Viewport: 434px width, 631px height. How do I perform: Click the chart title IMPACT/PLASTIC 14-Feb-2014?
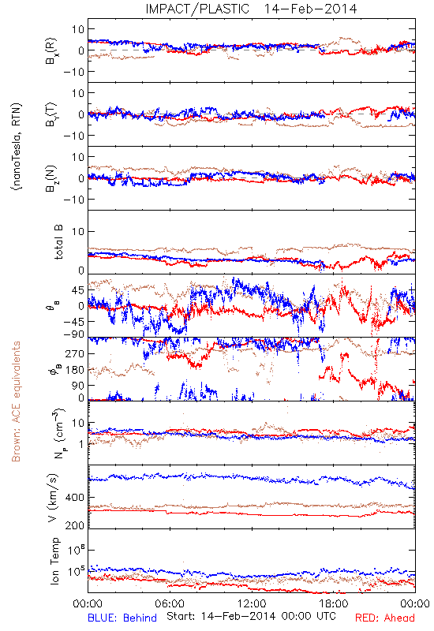coord(251,9)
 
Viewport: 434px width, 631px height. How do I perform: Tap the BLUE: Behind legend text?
coord(122,618)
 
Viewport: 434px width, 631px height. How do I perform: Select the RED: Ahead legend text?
coord(384,618)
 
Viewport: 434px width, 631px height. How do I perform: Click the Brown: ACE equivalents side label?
coord(16,401)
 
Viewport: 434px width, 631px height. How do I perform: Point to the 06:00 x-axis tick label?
coord(170,603)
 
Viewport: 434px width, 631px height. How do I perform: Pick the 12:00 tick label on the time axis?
coord(252,603)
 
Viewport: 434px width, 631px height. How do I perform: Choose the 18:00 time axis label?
coord(334,603)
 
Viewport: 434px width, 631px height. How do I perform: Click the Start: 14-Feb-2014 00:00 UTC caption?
coord(251,616)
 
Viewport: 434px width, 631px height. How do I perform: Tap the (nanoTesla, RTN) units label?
coord(17,147)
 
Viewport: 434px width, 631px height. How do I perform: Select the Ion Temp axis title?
coord(54,561)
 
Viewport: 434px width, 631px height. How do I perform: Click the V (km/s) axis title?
coord(53,498)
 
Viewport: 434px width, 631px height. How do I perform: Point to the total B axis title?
coord(58,242)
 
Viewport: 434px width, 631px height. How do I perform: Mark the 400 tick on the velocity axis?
coord(75,498)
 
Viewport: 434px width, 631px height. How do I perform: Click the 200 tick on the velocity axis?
coord(75,525)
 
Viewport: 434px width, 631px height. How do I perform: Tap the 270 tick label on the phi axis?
coord(75,353)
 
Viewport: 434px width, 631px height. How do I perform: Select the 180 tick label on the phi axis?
coord(75,370)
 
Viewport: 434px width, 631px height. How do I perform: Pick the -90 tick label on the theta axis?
coord(73,334)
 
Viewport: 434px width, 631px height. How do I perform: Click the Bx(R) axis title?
coord(51,51)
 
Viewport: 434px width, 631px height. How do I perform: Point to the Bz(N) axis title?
coord(51,179)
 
